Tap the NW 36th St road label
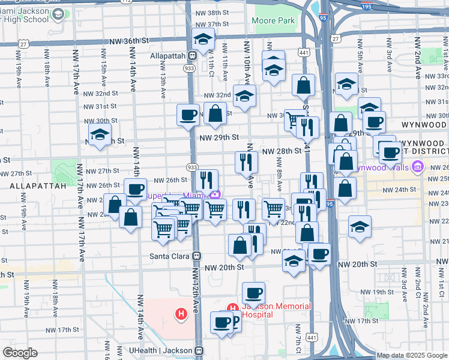[x=128, y=41]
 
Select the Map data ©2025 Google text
[x=412, y=355]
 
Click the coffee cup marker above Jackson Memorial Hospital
[x=253, y=293]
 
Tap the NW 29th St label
[x=219, y=137]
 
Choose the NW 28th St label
[x=281, y=151]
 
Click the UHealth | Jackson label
[x=159, y=350]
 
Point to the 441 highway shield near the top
[x=304, y=53]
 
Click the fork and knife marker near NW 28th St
[x=246, y=161]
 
